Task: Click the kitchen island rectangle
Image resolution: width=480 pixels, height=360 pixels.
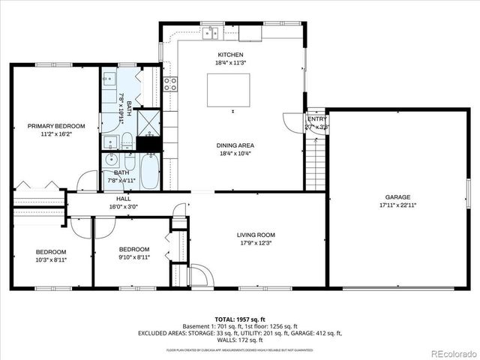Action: pyautogui.click(x=232, y=88)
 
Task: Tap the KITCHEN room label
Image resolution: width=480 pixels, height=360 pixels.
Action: pyautogui.click(x=230, y=55)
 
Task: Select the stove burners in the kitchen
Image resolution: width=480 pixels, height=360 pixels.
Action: pyautogui.click(x=170, y=84)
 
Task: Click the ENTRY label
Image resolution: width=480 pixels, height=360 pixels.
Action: pyautogui.click(x=317, y=119)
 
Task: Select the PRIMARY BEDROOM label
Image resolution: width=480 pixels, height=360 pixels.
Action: pyautogui.click(x=56, y=126)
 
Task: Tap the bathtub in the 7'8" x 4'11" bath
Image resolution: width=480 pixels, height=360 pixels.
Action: pyautogui.click(x=149, y=172)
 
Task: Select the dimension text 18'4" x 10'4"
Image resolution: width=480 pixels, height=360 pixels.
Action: pyautogui.click(x=235, y=153)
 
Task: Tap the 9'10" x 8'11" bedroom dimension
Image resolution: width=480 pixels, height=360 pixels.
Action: pyautogui.click(x=135, y=256)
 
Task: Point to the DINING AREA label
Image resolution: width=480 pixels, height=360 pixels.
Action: pyautogui.click(x=235, y=145)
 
